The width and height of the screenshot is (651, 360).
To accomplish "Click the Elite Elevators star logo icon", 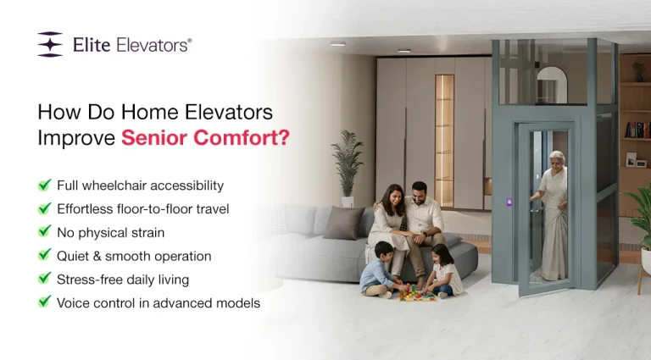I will tap(50, 44).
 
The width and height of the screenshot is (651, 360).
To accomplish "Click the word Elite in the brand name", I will tap(90, 44).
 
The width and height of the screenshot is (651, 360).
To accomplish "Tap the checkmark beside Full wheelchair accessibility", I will tap(44, 185).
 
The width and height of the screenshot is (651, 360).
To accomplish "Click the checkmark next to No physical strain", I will tap(44, 231).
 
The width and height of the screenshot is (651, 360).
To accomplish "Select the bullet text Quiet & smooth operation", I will tap(134, 255).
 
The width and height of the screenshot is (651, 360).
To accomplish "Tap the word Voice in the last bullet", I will tap(74, 302).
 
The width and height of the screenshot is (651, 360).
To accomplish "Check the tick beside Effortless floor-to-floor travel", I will tap(44, 208).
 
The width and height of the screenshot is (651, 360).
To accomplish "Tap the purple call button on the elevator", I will tap(509, 202).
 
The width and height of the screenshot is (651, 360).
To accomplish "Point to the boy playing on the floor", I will tap(379, 269).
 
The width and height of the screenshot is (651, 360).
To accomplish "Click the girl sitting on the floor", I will tap(441, 271).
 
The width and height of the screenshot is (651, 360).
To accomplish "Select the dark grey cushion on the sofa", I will tap(343, 223).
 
